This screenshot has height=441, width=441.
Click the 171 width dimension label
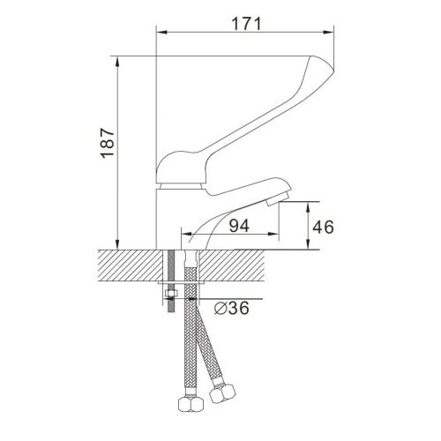pyautogui.click(x=246, y=24)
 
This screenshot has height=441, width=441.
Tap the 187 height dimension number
pyautogui.click(x=108, y=143)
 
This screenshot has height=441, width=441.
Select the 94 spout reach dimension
pyautogui.click(x=239, y=226)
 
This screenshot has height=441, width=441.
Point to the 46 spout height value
pyautogui.click(x=323, y=227)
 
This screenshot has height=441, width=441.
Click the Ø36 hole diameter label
pyautogui.click(x=232, y=308)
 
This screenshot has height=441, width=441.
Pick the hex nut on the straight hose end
pyautogui.click(x=191, y=405)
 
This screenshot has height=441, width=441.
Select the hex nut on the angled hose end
pyautogui.click(x=222, y=393)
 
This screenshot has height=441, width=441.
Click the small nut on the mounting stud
pyautogui.click(x=170, y=293)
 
